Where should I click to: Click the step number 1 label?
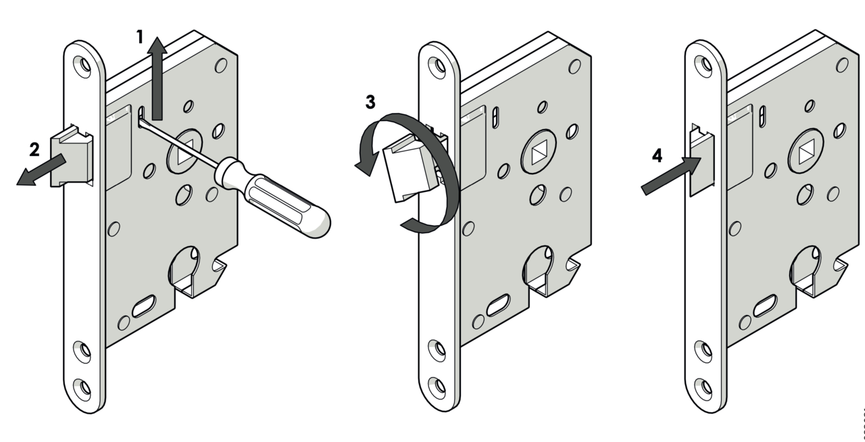(141, 36)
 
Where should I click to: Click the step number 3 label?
(370, 103)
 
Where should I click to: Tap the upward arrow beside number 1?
(157, 78)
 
